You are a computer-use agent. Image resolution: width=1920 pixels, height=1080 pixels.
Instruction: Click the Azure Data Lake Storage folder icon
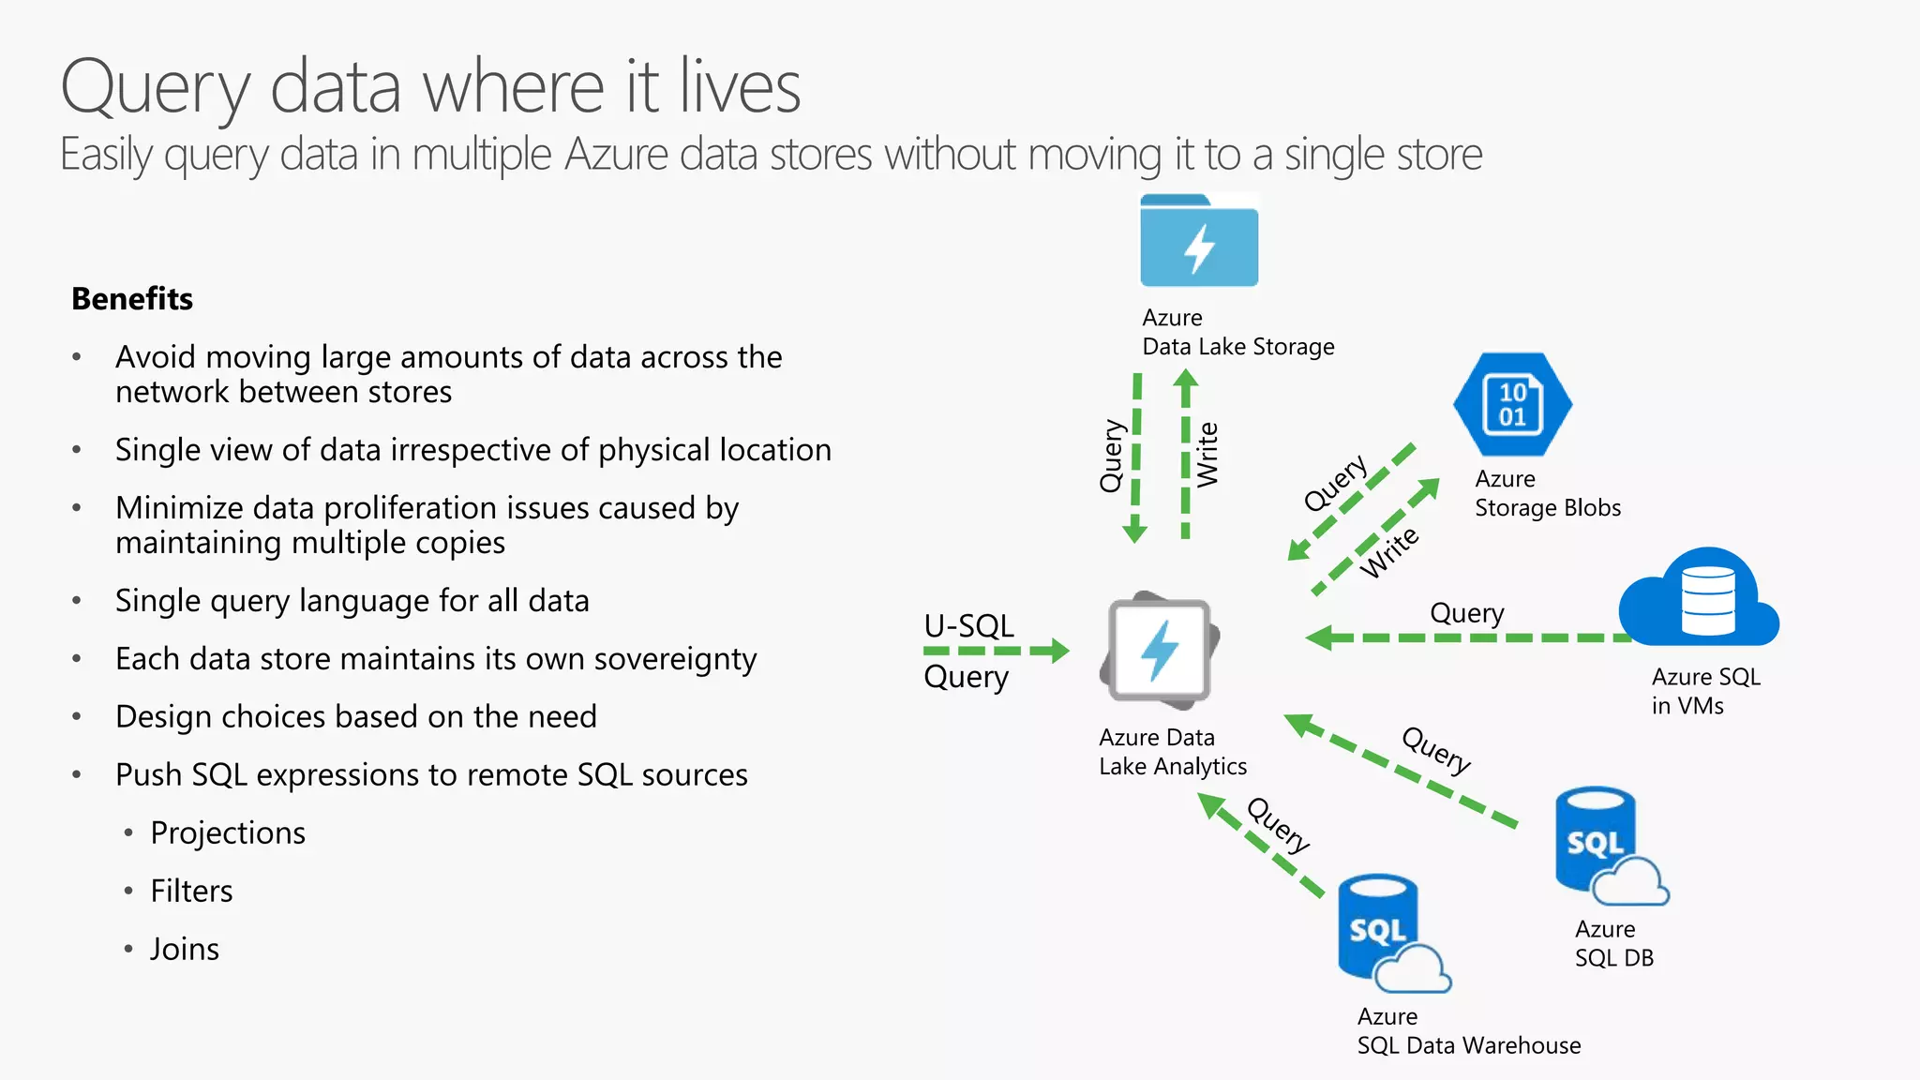1199,242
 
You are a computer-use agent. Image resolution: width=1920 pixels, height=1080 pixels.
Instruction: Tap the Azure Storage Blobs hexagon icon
1512,404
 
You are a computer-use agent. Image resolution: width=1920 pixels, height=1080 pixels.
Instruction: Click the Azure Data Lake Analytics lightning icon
1160,651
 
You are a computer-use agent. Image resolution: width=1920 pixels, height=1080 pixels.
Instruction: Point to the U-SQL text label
968,626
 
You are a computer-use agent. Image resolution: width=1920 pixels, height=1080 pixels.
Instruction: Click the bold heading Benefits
132,298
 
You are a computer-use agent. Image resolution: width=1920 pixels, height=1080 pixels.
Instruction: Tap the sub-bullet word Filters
191,891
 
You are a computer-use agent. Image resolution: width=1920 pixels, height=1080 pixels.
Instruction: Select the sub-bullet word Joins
185,949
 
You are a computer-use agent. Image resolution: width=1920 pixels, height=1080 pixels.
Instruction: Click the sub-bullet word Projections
228,832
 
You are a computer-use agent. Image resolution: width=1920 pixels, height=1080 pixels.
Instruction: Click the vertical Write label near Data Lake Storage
1207,455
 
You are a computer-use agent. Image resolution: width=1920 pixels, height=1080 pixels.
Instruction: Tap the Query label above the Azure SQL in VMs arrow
1466,613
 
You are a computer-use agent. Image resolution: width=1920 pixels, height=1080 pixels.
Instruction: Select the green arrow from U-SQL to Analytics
997,651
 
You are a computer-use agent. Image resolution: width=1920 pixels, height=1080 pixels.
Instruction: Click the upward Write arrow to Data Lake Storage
1185,455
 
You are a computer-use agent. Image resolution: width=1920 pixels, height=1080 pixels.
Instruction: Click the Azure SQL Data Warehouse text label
1468,1031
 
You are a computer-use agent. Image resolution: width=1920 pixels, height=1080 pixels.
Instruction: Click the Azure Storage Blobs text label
1547,493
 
